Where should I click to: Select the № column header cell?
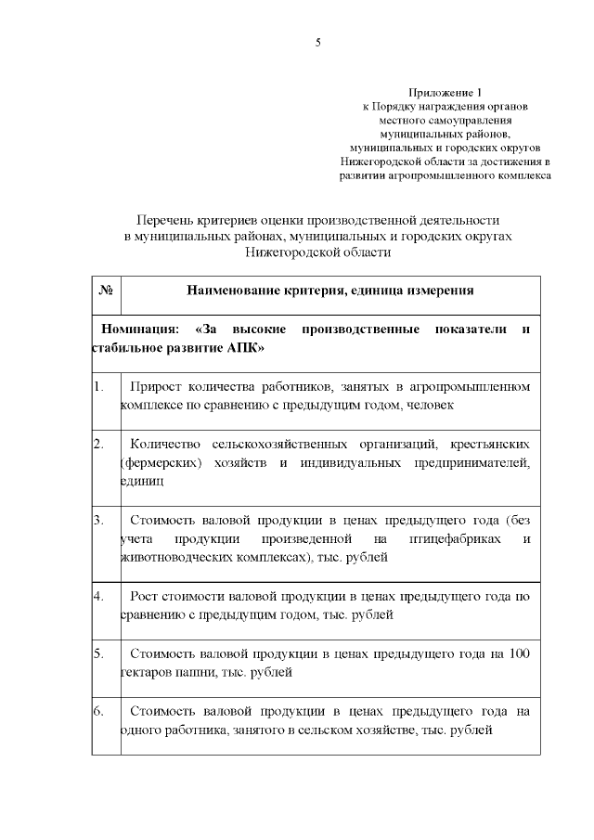pyautogui.click(x=106, y=291)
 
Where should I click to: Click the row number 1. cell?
pyautogui.click(x=100, y=387)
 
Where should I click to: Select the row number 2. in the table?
pyautogui.click(x=100, y=445)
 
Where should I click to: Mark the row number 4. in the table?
pyautogui.click(x=100, y=595)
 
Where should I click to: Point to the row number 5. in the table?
pyautogui.click(x=100, y=654)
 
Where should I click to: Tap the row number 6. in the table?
pyautogui.click(x=100, y=712)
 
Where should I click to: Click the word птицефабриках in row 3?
pyautogui.click(x=448, y=538)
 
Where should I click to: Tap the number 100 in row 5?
pyautogui.click(x=520, y=654)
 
